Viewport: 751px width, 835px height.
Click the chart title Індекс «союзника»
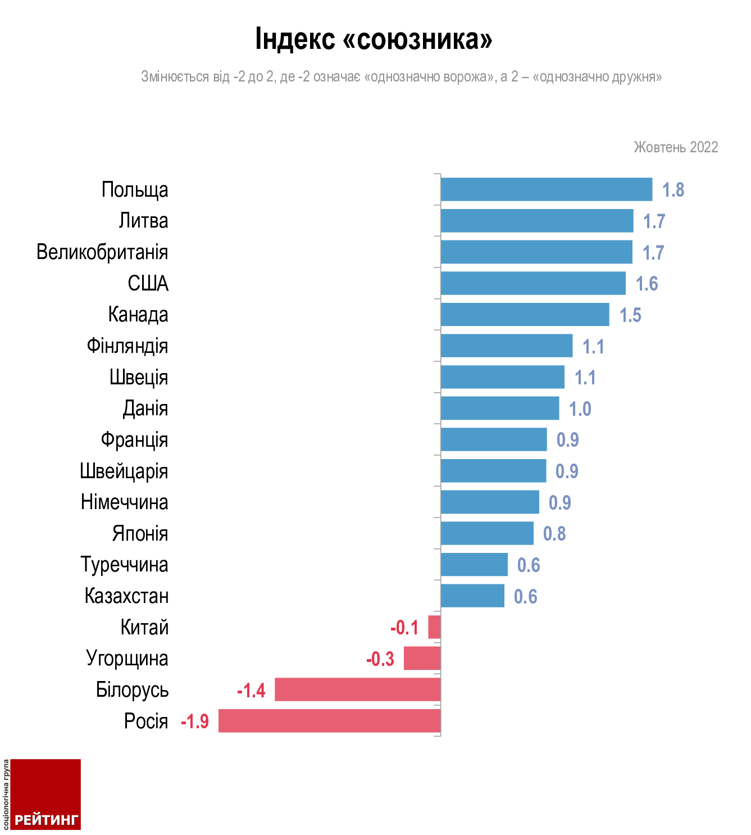374,39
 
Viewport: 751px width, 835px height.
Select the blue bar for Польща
546,189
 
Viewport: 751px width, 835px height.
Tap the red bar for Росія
329,721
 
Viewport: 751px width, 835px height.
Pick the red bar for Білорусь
357,689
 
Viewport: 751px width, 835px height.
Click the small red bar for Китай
434,627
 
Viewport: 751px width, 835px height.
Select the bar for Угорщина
422,658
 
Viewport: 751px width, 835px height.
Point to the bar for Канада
525,315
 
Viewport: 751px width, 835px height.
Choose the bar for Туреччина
474,565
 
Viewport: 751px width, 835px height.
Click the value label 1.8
673,190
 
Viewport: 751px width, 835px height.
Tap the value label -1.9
195,721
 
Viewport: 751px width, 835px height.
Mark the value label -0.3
380,659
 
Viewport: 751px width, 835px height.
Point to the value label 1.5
630,315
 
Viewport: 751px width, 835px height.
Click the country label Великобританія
102,252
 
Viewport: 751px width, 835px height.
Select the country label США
148,283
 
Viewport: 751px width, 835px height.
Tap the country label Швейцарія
124,471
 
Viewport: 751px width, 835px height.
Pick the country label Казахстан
126,596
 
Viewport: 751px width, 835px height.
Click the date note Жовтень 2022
676,147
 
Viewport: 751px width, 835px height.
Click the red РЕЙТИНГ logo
46,795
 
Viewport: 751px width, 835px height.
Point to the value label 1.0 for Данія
580,409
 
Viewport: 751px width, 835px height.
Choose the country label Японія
140,533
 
